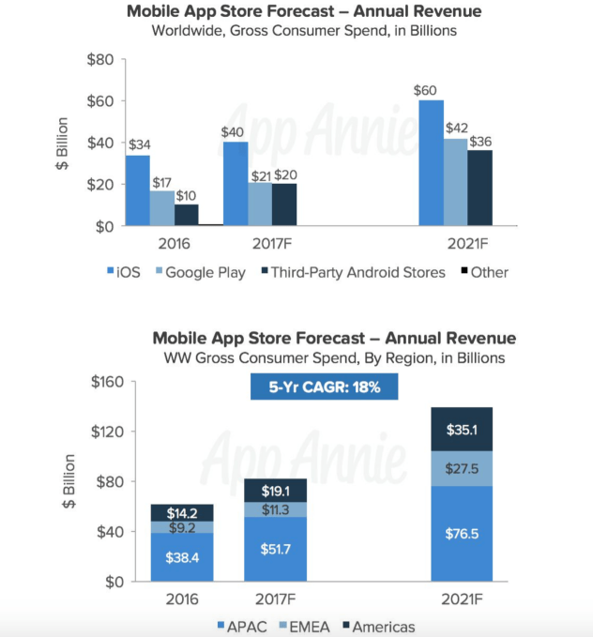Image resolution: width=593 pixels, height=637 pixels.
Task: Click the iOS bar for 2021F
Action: click(432, 163)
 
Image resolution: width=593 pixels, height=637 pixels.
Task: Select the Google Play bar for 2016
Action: click(161, 208)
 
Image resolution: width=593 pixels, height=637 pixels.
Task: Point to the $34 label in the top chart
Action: click(137, 145)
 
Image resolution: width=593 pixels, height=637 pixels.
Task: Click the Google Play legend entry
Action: click(201, 272)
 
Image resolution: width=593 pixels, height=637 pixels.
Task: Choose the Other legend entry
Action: click(483, 272)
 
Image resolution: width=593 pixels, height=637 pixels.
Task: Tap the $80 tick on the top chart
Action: click(99, 60)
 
